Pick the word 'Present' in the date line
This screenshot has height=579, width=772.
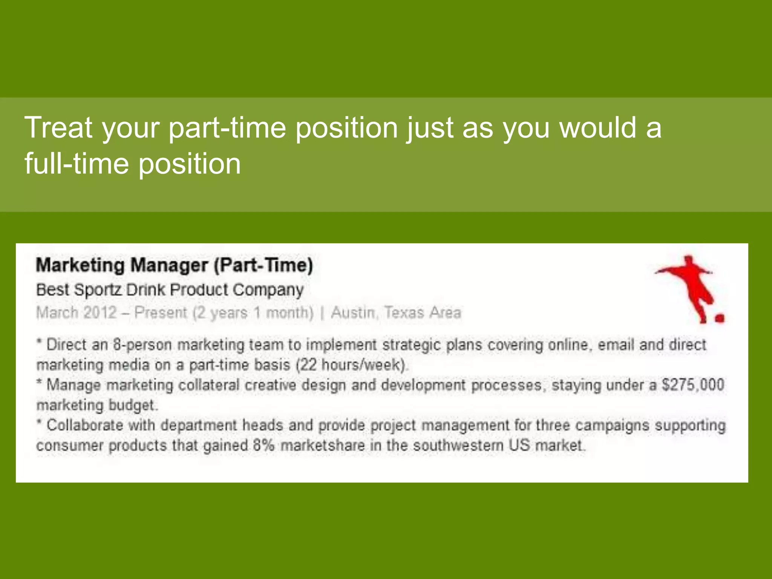161,312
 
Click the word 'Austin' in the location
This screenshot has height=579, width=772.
353,312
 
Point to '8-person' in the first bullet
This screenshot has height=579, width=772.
142,345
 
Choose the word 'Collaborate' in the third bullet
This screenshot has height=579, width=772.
85,425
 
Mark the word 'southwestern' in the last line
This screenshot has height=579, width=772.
458,445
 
